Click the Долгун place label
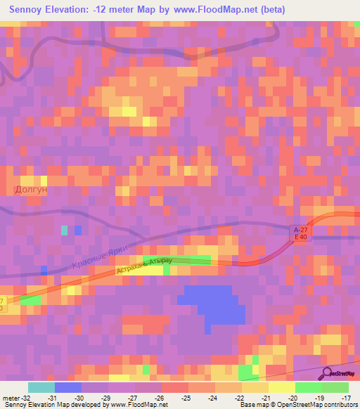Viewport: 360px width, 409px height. point(32,190)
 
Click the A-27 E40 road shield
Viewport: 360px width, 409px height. point(300,233)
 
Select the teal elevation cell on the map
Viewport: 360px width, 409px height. point(65,230)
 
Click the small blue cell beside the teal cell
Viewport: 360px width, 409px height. point(78,230)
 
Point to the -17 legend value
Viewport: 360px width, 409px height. point(347,397)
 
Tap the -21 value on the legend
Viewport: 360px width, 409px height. point(267,397)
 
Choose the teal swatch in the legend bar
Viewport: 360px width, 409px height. point(41,387)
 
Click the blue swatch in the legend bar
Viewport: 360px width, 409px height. point(67,387)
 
